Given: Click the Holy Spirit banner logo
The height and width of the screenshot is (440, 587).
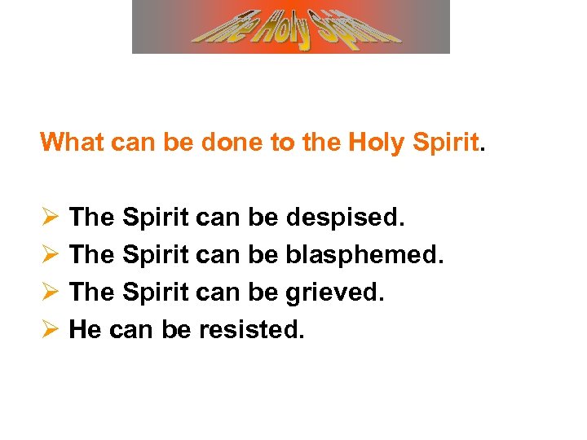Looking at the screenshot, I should [x=291, y=26].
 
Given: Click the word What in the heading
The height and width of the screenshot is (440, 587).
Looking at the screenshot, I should [x=70, y=142].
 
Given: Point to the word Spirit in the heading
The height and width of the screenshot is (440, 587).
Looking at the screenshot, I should [x=445, y=142].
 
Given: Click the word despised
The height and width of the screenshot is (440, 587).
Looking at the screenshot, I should [x=345, y=218].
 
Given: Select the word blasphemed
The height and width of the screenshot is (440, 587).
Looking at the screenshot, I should [x=364, y=254].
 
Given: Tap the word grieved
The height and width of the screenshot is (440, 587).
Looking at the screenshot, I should [x=334, y=292].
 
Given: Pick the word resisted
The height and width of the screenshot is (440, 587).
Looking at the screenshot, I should [x=245, y=329].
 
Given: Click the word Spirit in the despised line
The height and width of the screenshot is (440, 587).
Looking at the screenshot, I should [x=156, y=218].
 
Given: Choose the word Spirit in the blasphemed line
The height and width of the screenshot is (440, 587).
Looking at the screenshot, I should [x=156, y=254].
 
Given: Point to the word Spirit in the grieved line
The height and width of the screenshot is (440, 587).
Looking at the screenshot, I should [x=156, y=292].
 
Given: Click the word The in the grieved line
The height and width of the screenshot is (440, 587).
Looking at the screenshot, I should [x=91, y=292].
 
